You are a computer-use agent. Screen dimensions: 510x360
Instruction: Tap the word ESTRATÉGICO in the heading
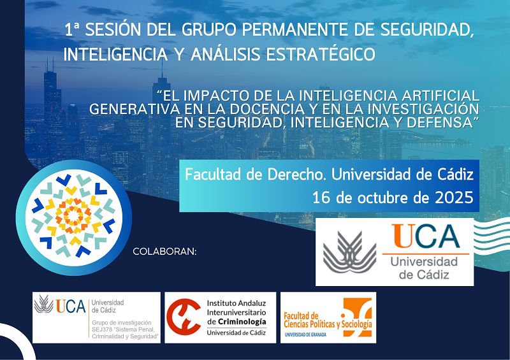pyautogui.click(x=321, y=54)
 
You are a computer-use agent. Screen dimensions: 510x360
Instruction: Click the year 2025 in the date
pyautogui.click(x=454, y=198)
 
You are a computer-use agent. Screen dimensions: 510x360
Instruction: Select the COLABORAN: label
pyautogui.click(x=164, y=252)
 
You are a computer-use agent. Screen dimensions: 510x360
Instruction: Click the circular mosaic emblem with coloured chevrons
pyautogui.click(x=73, y=217)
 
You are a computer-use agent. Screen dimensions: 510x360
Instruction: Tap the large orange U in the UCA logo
pyautogui.click(x=402, y=236)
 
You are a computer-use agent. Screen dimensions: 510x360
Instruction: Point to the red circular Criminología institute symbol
pyautogui.click(x=184, y=317)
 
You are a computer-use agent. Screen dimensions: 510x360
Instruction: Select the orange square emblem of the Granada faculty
pyautogui.click(x=357, y=317)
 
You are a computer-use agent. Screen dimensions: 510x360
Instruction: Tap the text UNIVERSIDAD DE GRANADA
pyautogui.click(x=305, y=335)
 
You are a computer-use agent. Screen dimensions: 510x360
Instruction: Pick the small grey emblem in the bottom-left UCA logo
pyautogui.click(x=44, y=304)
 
